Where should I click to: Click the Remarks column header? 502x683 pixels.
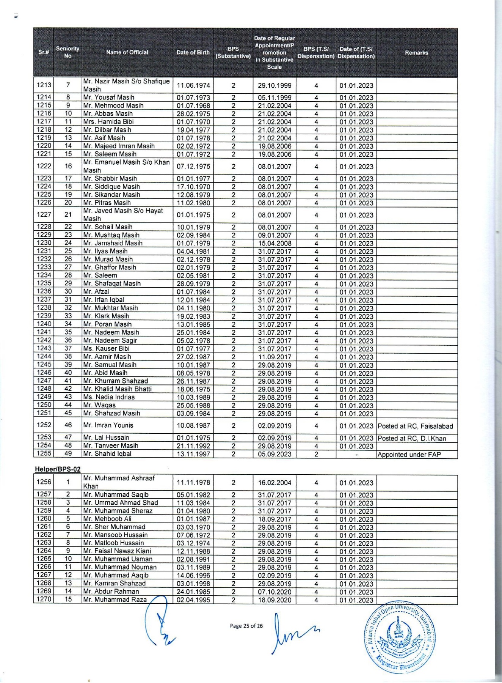[416, 53]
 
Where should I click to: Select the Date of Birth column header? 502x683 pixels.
[193, 52]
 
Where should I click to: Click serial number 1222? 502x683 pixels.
[44, 166]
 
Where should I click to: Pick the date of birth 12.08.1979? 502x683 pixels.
[193, 195]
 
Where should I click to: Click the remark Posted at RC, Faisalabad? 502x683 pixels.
[415, 426]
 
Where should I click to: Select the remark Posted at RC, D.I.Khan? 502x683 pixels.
[412, 438]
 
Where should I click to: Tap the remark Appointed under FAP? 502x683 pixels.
[409, 455]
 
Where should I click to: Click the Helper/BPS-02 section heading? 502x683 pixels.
[58, 469]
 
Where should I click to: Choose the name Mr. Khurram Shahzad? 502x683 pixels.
[116, 381]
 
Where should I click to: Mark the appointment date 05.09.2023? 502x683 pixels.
[275, 454]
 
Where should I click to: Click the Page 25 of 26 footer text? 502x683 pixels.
[246, 626]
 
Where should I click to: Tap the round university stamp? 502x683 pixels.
[400, 637]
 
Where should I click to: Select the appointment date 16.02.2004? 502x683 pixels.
[275, 483]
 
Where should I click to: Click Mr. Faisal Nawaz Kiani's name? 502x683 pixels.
[117, 551]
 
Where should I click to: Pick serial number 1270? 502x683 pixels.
[44, 600]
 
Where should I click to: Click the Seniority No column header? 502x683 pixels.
[67, 52]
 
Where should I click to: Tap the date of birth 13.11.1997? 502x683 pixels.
[193, 454]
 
